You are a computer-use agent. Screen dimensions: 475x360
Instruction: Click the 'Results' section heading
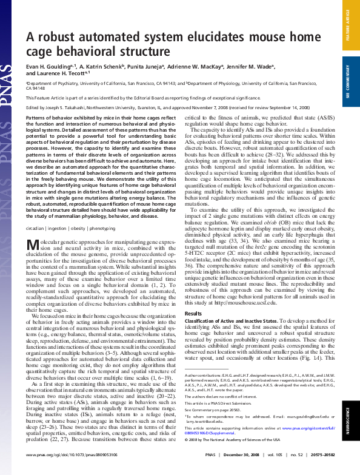coord(193,313)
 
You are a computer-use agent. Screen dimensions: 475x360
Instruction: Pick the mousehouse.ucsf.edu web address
coord(244,302)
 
